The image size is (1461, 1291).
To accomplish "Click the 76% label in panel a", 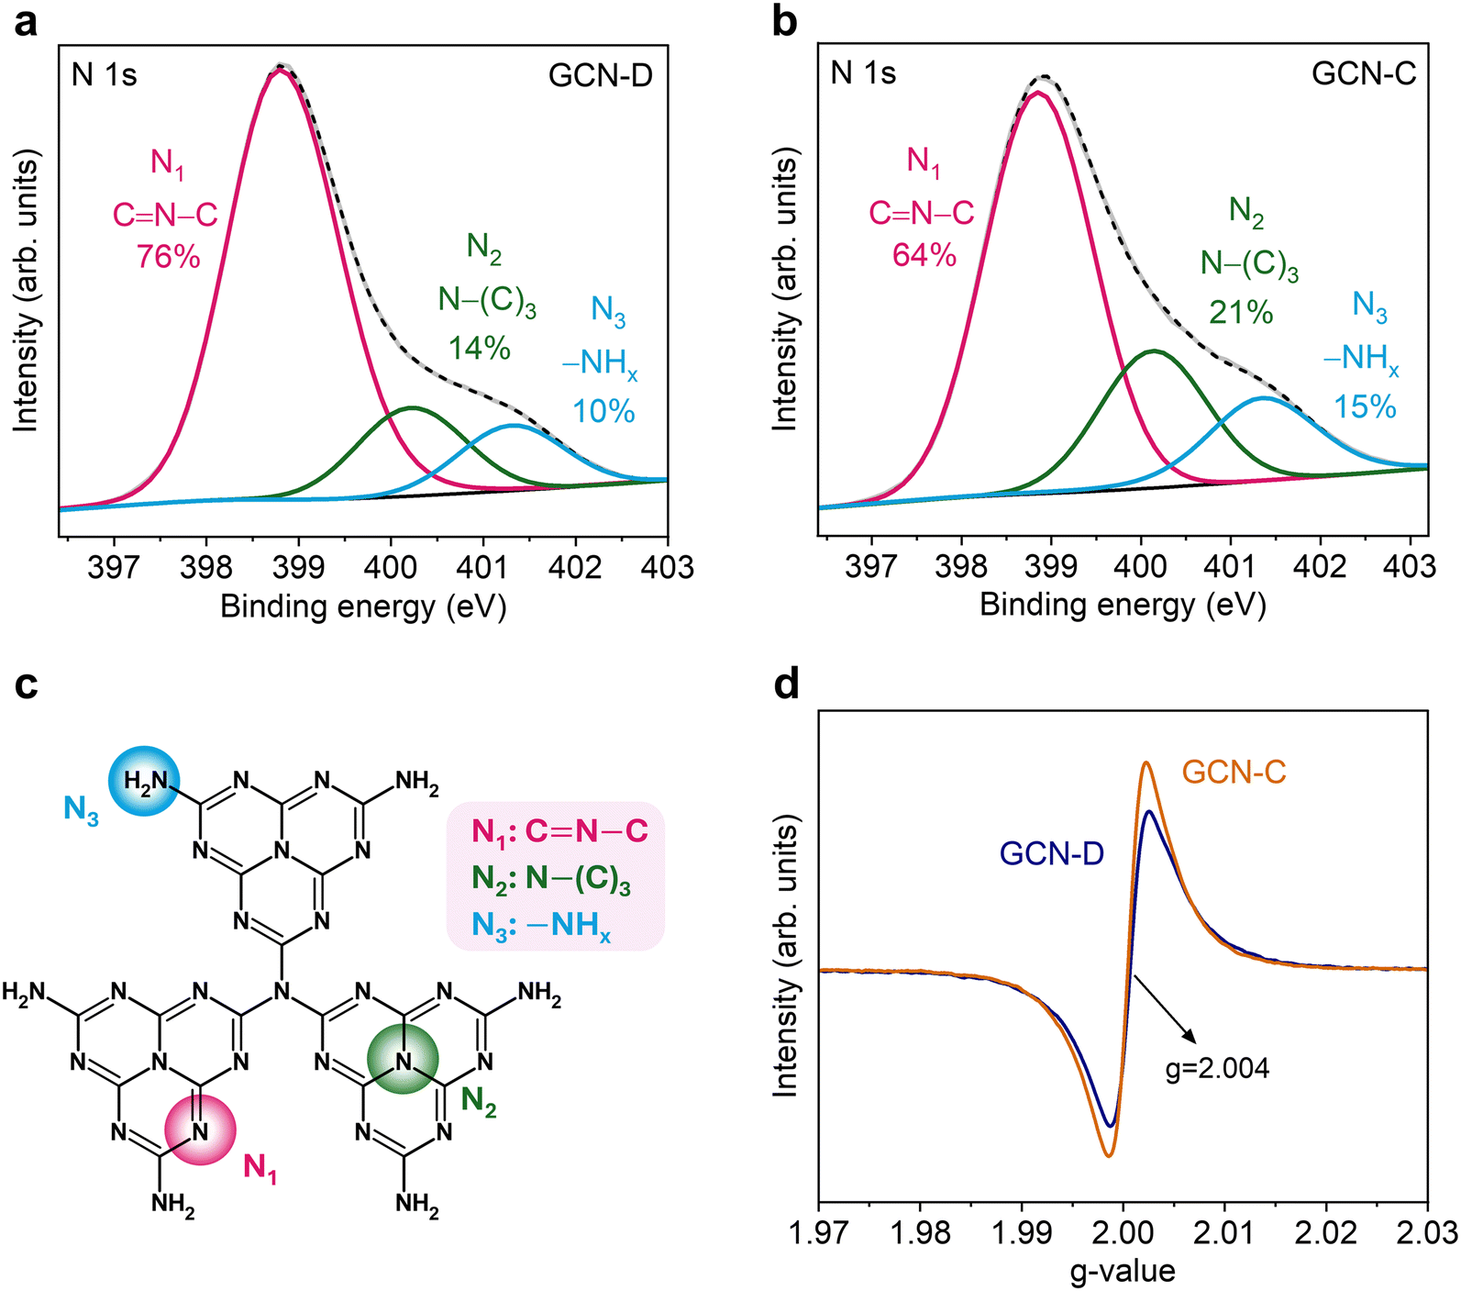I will [168, 257].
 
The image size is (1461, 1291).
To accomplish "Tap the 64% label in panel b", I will [924, 254].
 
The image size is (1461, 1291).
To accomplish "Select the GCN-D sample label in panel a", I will [601, 74].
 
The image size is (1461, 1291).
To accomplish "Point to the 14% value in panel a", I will [479, 348].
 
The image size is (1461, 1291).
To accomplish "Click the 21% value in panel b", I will [1241, 313].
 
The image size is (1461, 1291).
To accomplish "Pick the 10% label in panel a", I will [603, 411].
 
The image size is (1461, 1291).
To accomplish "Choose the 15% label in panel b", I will [1365, 406].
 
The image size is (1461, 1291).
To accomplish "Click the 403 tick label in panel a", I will [667, 567].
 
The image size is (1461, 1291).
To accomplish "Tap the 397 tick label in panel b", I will [870, 567].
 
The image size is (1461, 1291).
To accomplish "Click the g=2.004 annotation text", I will [1217, 1068].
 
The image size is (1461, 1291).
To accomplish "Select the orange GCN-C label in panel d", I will [1234, 773].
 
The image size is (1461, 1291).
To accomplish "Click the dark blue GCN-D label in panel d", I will [1051, 853].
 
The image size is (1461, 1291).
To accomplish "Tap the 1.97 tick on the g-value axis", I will [819, 1231].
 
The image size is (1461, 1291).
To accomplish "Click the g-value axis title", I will [1122, 1270].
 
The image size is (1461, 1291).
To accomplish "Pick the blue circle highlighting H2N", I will [144, 782].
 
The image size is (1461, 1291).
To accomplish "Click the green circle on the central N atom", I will [403, 1060].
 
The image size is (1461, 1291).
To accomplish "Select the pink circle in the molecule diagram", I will [200, 1130].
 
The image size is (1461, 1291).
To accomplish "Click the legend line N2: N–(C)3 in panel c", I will [551, 878].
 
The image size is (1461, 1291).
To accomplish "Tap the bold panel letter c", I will [26, 684].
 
